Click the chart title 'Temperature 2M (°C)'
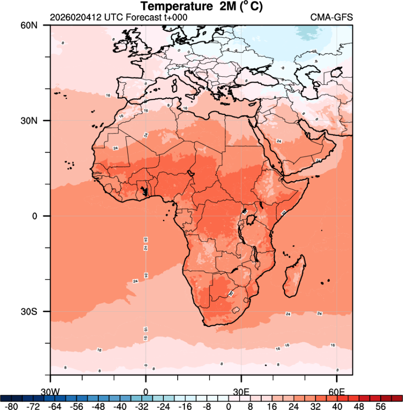pyautogui.click(x=202, y=7)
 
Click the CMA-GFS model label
pyautogui.click(x=331, y=18)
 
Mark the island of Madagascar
pyautogui.click(x=294, y=277)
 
